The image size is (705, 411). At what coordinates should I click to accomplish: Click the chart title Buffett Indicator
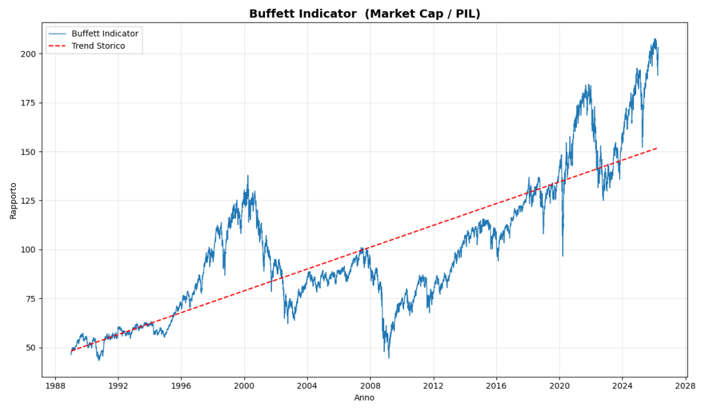tap(364, 14)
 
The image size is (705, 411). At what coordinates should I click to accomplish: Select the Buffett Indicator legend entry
tap(105, 34)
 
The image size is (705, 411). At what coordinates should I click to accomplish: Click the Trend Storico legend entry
tap(98, 46)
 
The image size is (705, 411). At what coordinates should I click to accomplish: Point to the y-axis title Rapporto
tap(13, 200)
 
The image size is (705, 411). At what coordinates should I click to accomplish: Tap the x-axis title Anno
tap(364, 398)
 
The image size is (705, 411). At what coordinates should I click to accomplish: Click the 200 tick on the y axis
tap(29, 54)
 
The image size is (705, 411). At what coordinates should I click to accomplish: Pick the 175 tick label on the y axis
tap(29, 103)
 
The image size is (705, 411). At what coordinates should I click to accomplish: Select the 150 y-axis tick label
tap(29, 151)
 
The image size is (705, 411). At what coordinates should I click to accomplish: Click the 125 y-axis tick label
tap(29, 200)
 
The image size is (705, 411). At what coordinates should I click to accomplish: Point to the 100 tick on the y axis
tap(29, 249)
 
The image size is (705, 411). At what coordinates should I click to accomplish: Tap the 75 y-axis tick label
tap(31, 299)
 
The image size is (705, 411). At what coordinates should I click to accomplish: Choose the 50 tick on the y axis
tap(31, 348)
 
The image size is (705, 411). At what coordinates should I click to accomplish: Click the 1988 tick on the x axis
tap(55, 386)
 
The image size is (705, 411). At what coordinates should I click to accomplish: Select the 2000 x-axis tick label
tap(244, 386)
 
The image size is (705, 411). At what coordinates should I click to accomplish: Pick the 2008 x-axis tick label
tap(370, 386)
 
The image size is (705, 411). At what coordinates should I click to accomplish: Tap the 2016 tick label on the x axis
tap(496, 386)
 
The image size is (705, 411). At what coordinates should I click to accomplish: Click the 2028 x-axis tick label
tap(686, 386)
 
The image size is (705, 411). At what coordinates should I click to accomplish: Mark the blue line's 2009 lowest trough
tap(388, 357)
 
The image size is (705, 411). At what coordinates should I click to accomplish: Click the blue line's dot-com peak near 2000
tap(248, 176)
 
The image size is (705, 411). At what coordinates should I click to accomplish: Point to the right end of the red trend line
tap(657, 148)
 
